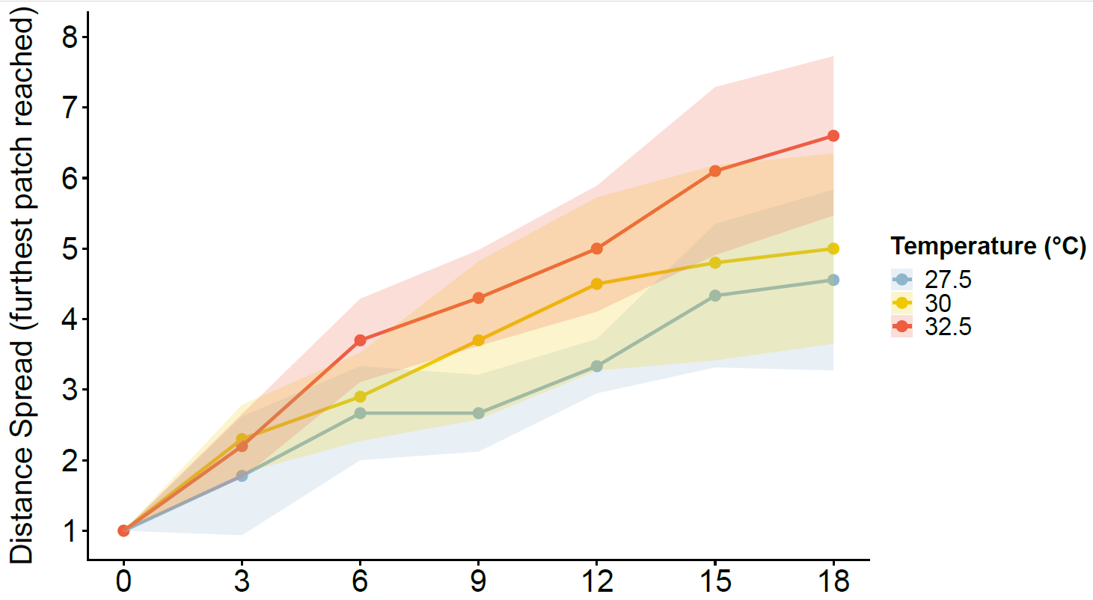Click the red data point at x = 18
[x=833, y=135]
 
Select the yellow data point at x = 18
[x=833, y=248]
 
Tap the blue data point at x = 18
[x=833, y=280]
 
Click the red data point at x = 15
[x=714, y=171]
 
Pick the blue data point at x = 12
[x=596, y=366]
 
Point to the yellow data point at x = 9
[x=478, y=340]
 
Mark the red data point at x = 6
[x=360, y=340]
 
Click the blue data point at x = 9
[x=478, y=413]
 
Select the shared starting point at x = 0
[x=123, y=530]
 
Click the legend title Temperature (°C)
[x=988, y=245]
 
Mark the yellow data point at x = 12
[x=596, y=284]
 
